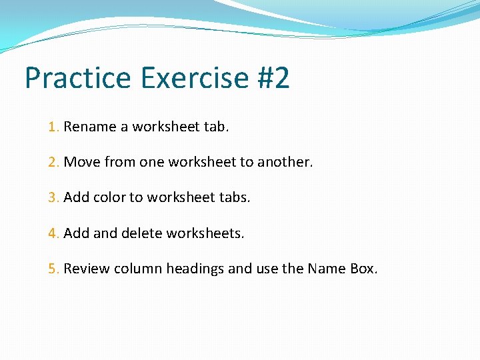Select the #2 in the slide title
click(273, 78)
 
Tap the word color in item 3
click(109, 198)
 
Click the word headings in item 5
click(195, 269)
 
